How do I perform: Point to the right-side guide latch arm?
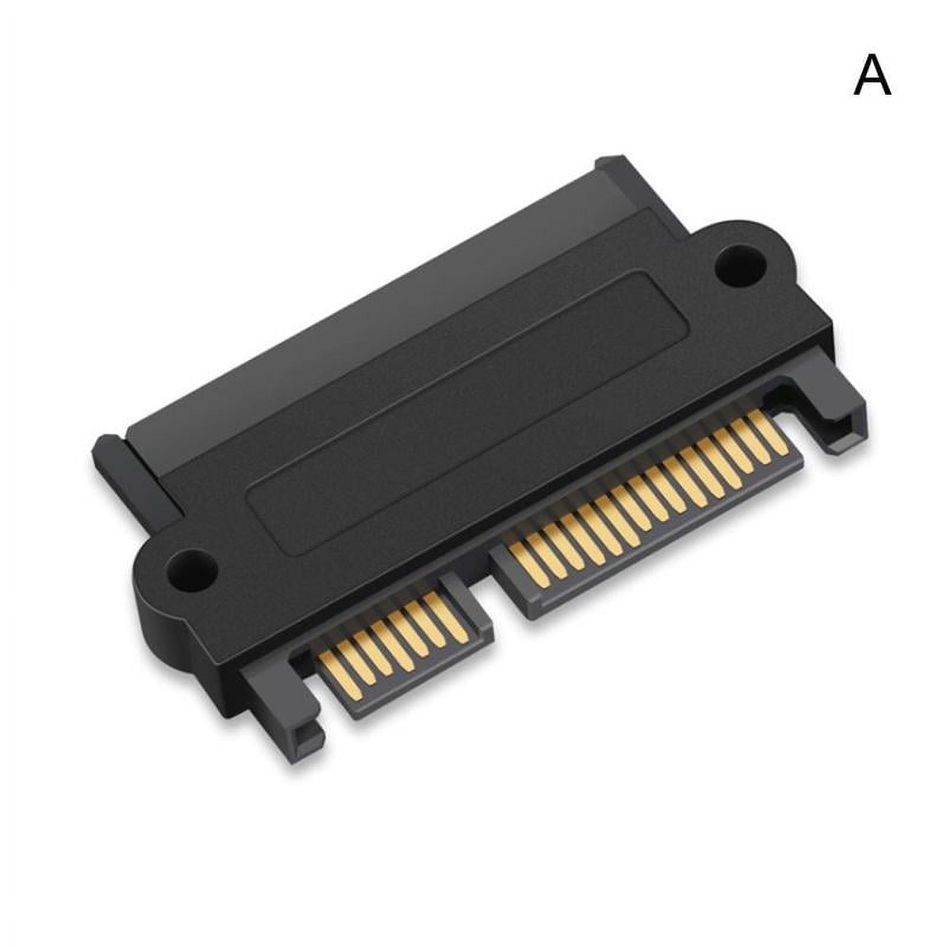point(829,408)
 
